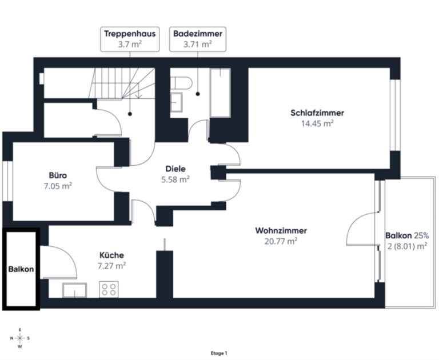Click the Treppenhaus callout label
[x=130, y=39]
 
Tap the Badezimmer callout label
[x=198, y=39]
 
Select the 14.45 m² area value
[x=317, y=123]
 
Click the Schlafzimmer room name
[x=317, y=113]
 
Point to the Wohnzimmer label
[x=281, y=231]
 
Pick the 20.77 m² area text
[x=281, y=241]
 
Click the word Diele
[x=175, y=169]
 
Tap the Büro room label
[x=58, y=175]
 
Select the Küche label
[x=111, y=255]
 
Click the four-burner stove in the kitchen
[x=109, y=289]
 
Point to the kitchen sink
[x=74, y=290]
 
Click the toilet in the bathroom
[x=181, y=83]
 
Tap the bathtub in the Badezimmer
[x=220, y=93]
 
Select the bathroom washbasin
[x=177, y=102]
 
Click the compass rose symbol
[x=20, y=338]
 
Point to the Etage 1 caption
[x=219, y=353]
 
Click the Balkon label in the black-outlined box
[x=21, y=269]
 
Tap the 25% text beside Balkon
[x=421, y=235]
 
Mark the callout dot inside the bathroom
[x=198, y=94]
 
